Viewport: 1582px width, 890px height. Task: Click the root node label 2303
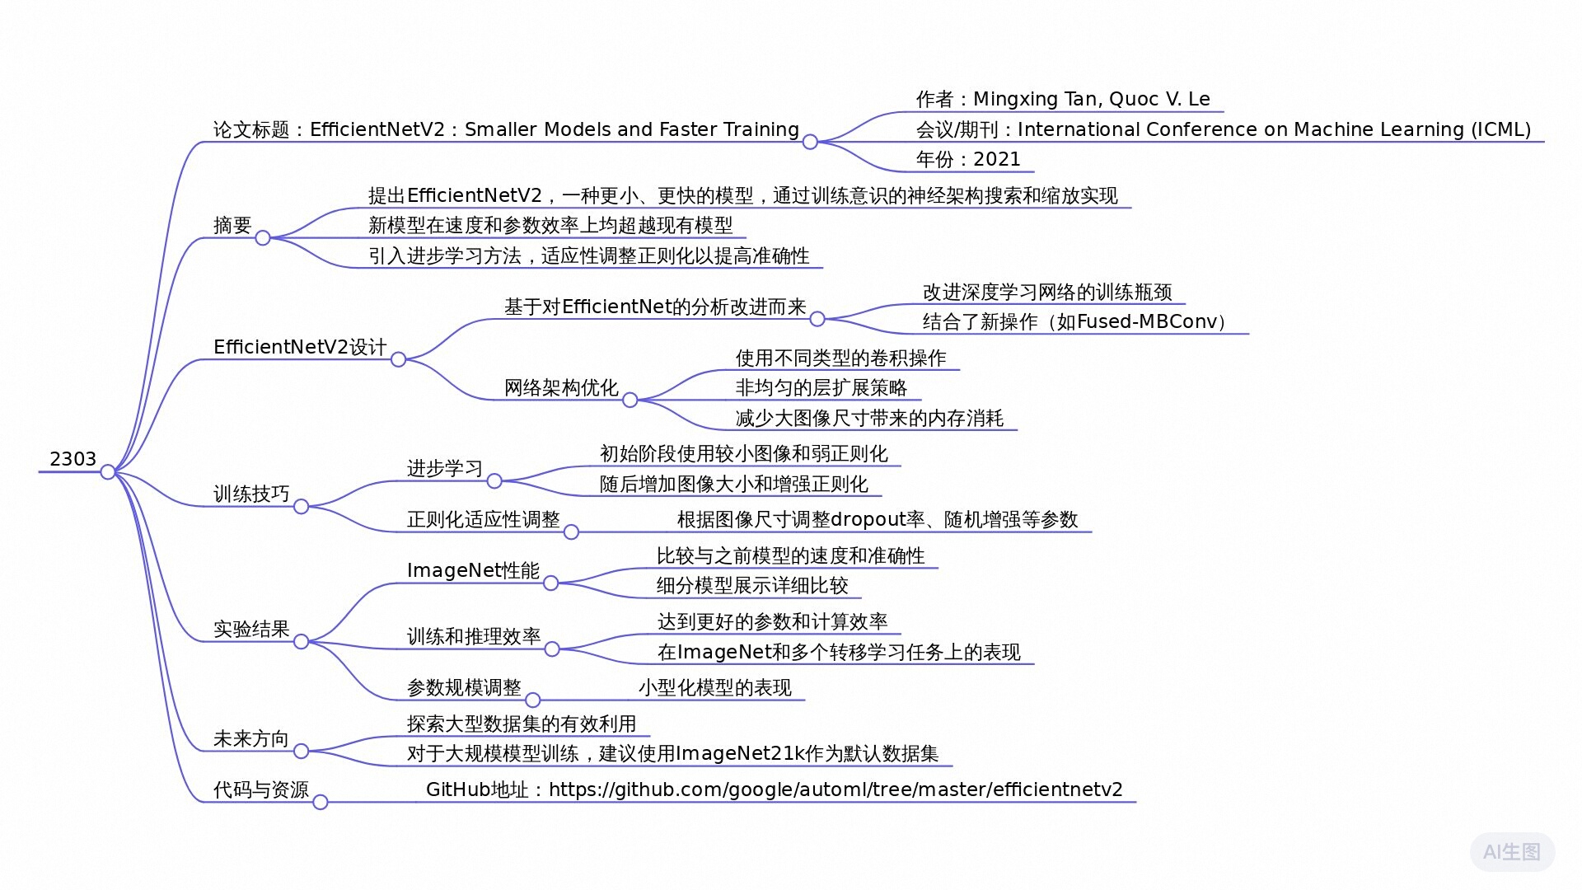73,459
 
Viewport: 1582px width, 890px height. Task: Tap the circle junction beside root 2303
108,472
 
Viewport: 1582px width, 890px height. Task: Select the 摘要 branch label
232,225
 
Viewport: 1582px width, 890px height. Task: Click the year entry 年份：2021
968,159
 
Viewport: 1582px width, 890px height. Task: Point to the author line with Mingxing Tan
1063,99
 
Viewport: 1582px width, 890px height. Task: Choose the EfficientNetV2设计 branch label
300,347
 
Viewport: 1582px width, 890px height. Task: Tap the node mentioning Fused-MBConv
1074,321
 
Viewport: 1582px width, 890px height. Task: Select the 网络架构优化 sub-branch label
561,387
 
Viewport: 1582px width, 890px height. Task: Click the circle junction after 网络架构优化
630,400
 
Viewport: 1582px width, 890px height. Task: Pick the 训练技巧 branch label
251,494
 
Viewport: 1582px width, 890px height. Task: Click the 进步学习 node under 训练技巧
445,468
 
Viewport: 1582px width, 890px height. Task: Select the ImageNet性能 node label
473,570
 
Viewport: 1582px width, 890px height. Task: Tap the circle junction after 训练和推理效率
552,649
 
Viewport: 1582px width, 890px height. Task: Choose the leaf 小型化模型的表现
715,687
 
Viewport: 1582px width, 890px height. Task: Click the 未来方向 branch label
250,738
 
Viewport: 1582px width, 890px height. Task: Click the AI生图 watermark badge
1512,852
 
